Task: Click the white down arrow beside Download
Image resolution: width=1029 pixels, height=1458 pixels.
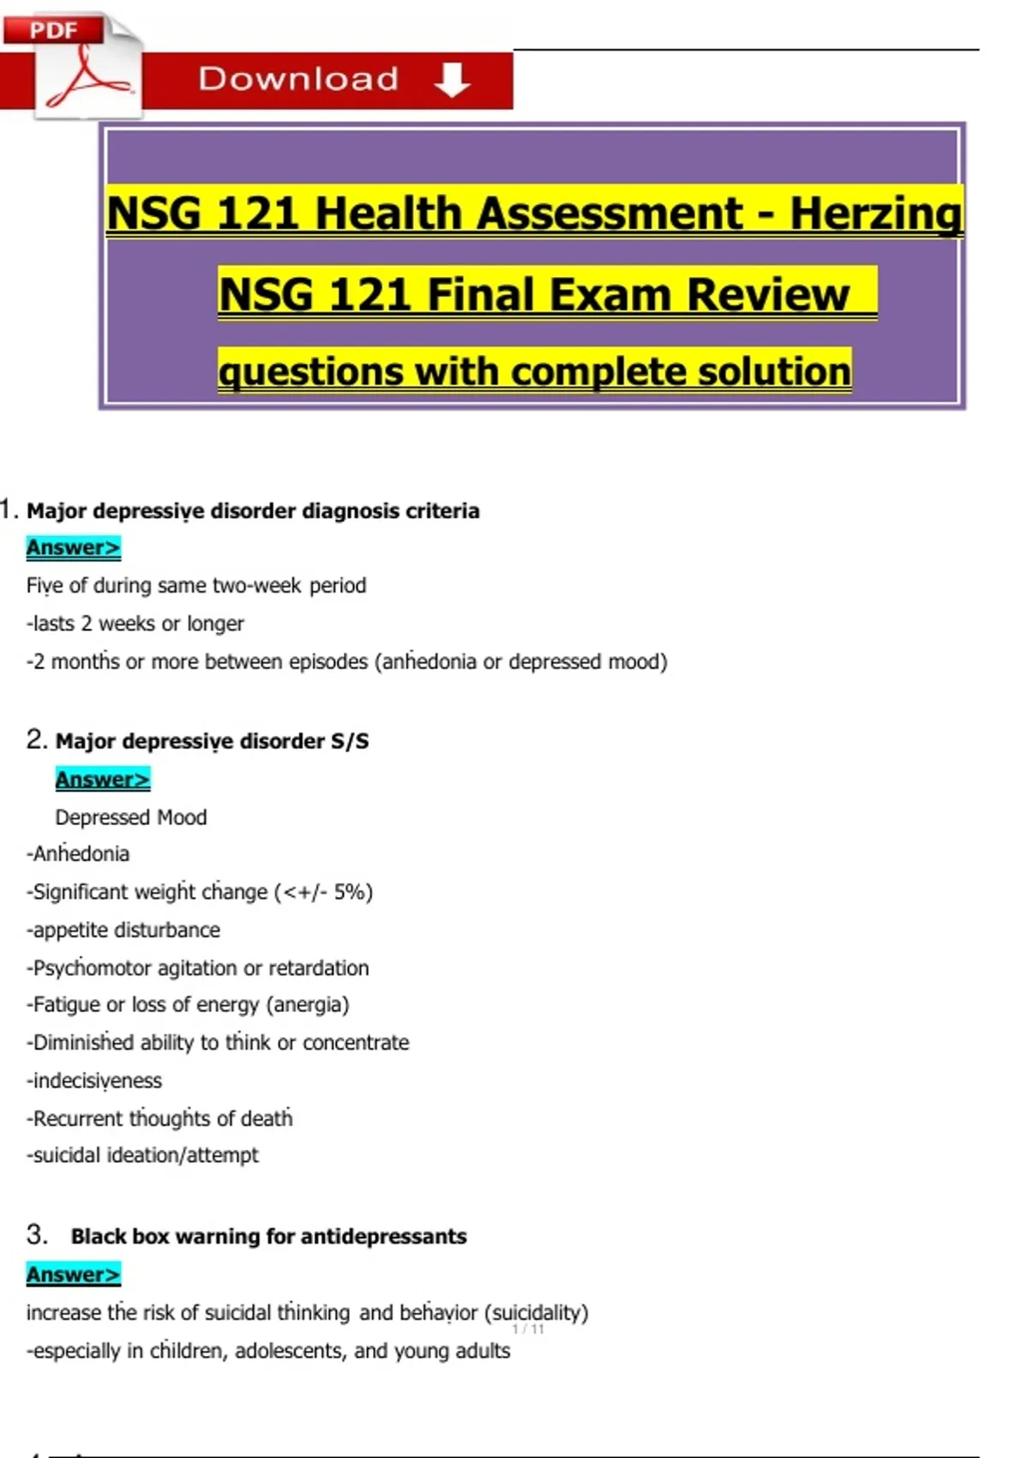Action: coord(452,80)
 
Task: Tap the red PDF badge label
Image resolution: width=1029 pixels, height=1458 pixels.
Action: coord(53,30)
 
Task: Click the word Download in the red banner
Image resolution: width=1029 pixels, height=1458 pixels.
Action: coord(298,80)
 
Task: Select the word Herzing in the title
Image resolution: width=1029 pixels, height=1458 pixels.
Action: coord(876,214)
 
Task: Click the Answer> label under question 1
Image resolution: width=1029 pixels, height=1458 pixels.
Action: coord(73,547)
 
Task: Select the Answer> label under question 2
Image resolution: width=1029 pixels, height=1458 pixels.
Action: coord(102,779)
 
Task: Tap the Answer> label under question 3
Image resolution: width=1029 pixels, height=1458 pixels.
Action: coord(73,1274)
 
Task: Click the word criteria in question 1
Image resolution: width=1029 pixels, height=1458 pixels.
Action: coord(442,511)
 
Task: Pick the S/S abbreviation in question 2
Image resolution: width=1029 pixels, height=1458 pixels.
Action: coord(350,741)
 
